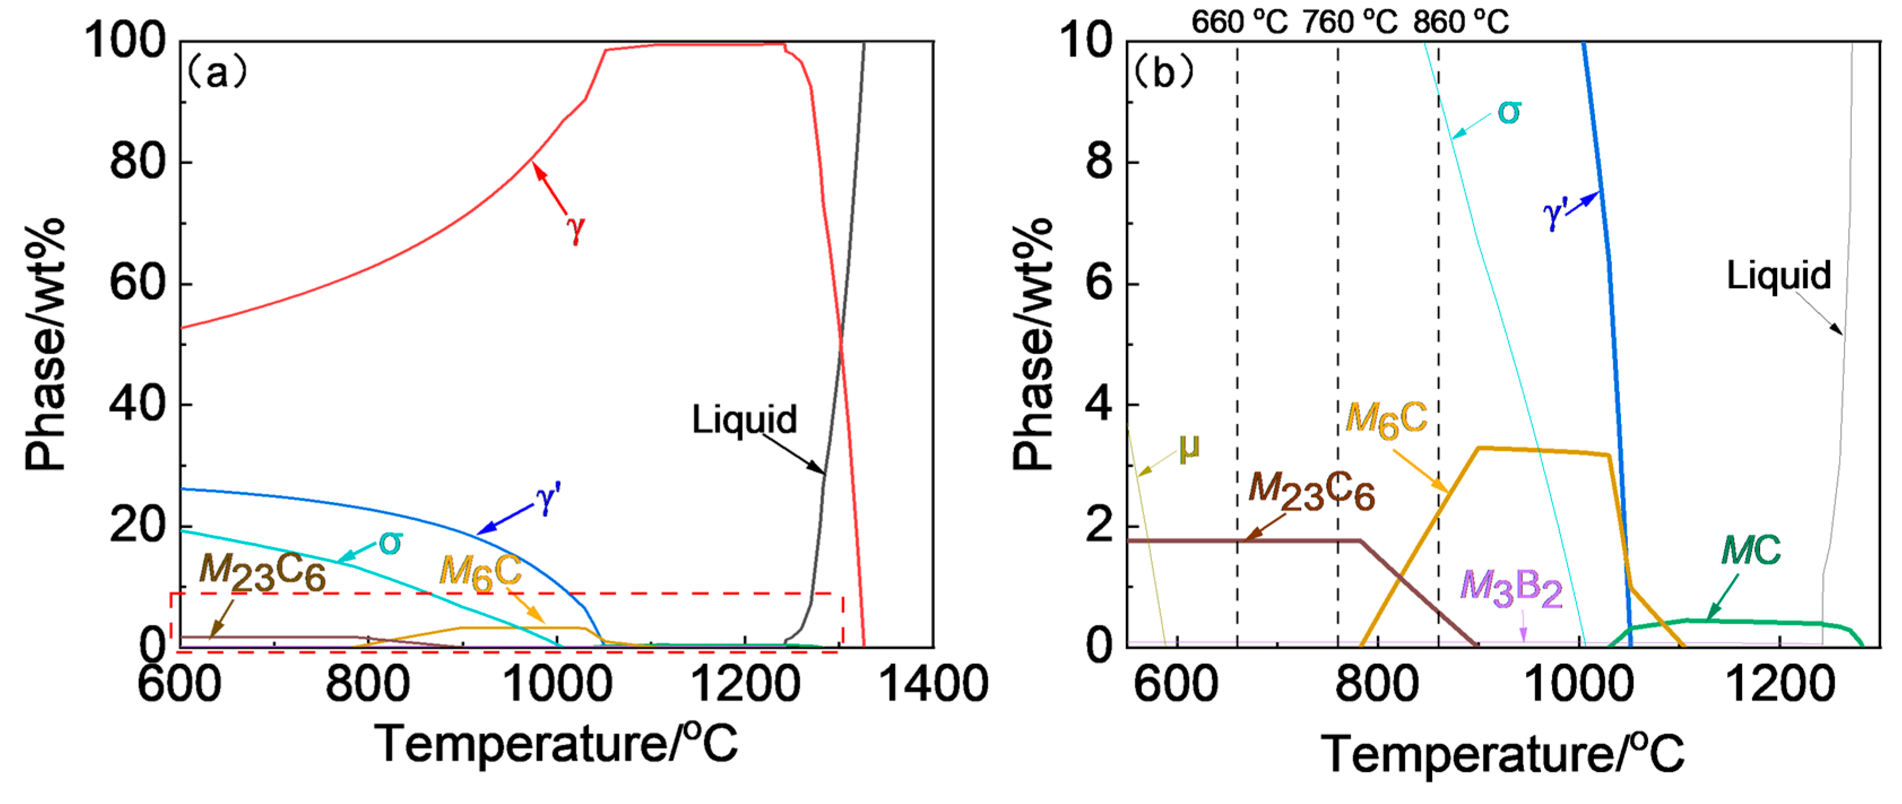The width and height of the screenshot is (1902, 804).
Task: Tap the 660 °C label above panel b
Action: tap(1238, 22)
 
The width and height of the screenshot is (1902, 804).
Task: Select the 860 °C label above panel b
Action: tap(1461, 22)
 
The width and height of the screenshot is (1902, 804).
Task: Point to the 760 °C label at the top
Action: tap(1349, 22)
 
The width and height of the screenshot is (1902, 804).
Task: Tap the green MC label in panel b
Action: tap(1750, 550)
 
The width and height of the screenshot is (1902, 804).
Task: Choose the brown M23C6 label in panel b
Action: tap(1311, 491)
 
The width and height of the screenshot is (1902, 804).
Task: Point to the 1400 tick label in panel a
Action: tap(934, 683)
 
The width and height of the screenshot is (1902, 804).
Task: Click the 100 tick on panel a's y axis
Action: tap(125, 41)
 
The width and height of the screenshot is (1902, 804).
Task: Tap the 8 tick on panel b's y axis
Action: tap(1099, 162)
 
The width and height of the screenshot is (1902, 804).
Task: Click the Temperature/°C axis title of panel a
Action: tap(555, 743)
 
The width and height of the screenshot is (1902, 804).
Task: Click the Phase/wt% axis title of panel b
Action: tap(1032, 344)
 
